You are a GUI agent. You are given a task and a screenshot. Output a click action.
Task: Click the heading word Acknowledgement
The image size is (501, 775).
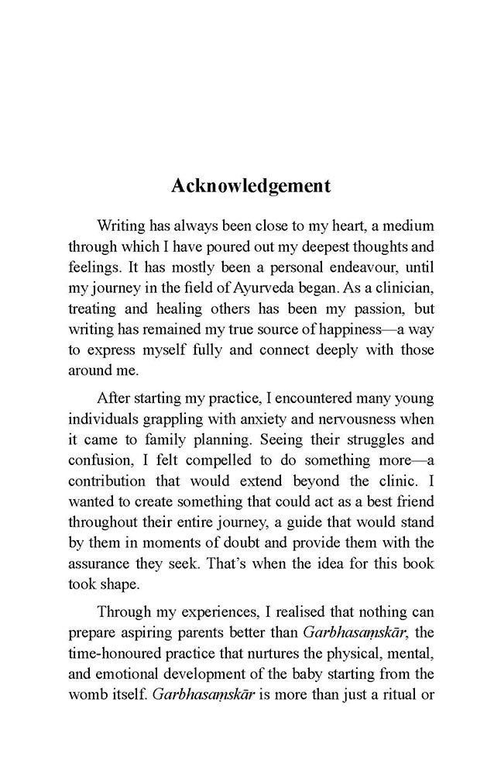point(250,187)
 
